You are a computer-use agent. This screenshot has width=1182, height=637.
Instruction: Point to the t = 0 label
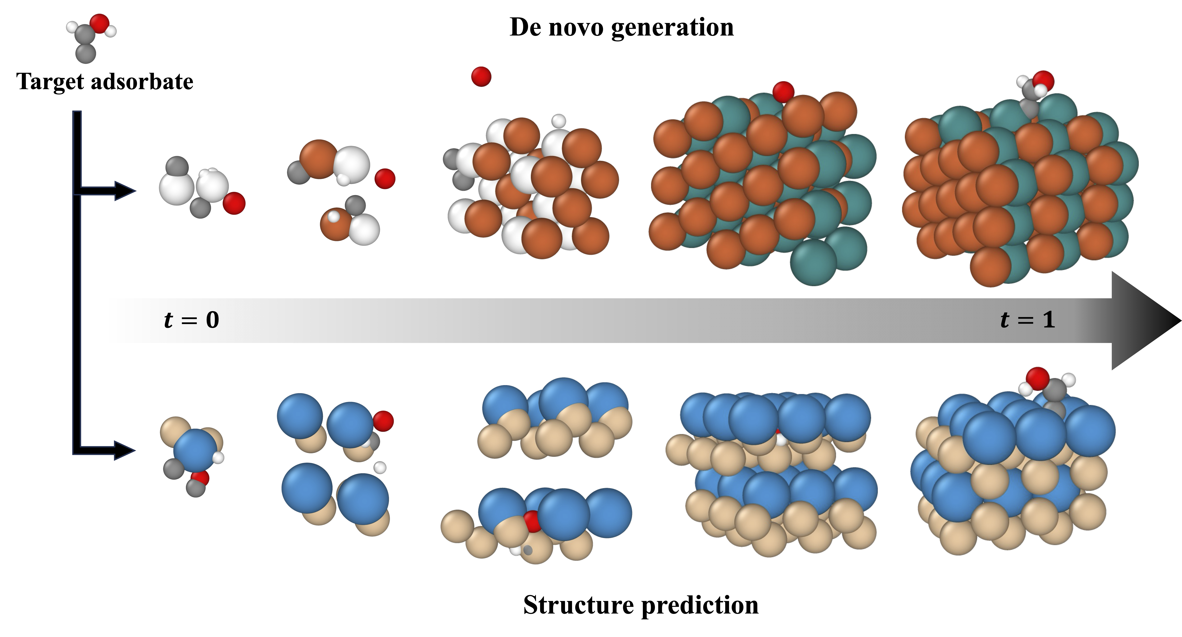[191, 320]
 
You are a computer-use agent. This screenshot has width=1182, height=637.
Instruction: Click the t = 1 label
[1028, 320]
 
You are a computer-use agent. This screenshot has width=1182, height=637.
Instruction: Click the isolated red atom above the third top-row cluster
[481, 77]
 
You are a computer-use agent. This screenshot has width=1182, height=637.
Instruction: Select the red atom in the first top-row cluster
[234, 203]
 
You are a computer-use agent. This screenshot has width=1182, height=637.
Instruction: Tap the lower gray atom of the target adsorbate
[86, 53]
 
